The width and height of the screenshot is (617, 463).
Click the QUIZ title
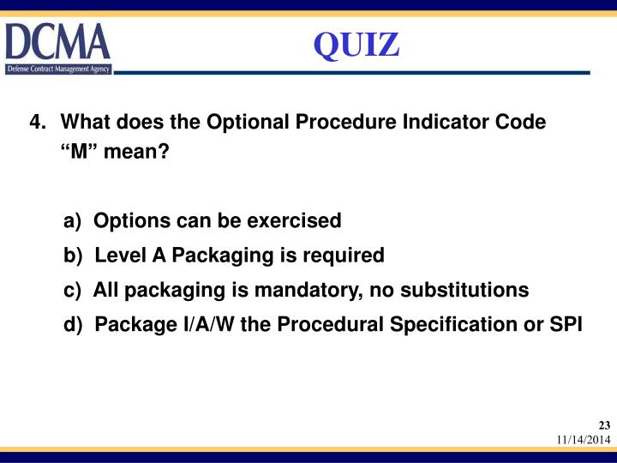point(356,45)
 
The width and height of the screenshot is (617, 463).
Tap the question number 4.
point(38,122)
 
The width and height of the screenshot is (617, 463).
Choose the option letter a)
point(73,221)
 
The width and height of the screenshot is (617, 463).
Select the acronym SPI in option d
point(566,325)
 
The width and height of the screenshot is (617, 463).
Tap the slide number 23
point(604,426)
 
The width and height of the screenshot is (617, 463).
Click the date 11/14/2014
point(583,440)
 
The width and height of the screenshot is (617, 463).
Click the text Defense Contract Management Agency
point(58,69)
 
